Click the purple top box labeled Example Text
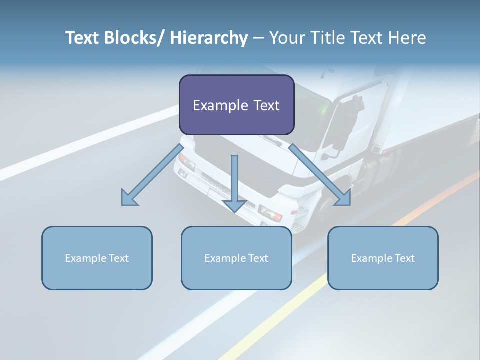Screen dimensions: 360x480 (x=236, y=105)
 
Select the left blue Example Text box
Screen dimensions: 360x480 (x=97, y=258)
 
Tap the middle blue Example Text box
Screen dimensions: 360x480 (x=236, y=258)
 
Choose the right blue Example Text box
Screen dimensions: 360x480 (x=383, y=258)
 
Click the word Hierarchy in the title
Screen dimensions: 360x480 (x=209, y=38)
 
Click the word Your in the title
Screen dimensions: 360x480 (x=286, y=38)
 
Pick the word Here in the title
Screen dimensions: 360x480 (x=408, y=38)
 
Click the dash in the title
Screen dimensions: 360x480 (x=258, y=38)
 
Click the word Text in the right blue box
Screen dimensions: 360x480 (x=404, y=258)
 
